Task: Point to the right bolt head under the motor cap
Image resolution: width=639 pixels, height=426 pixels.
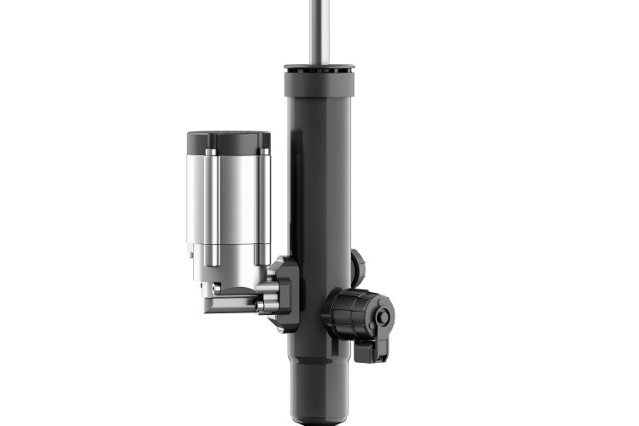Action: pos(263,153)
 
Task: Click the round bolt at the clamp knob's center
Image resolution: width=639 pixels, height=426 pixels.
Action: pos(383,318)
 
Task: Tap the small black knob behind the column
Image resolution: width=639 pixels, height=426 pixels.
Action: pos(358,267)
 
